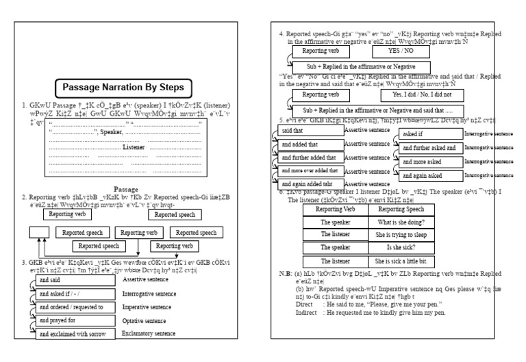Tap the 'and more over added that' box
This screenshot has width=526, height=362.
point(310,170)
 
